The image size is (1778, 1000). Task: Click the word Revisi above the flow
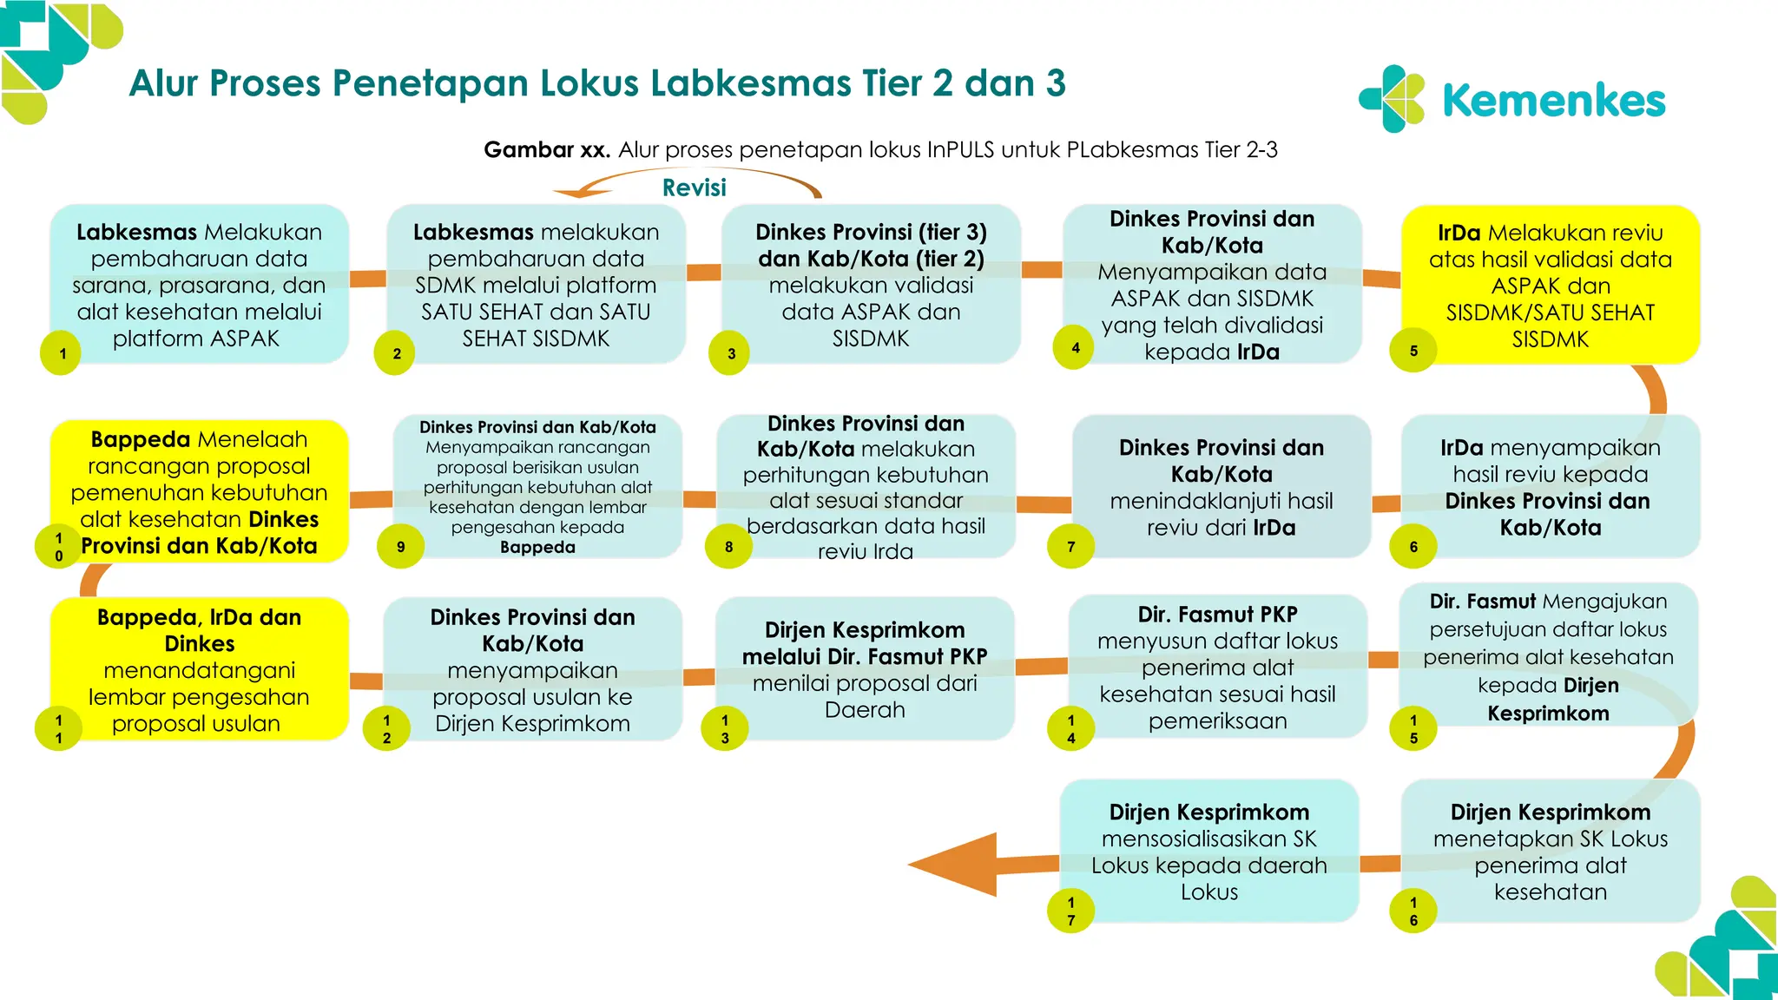tap(694, 187)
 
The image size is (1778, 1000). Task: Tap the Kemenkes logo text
tap(1553, 101)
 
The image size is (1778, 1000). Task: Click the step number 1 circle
tap(61, 353)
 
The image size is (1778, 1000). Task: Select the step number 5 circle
tap(1413, 351)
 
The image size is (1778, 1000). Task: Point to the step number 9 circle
tap(400, 547)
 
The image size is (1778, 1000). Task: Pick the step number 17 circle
tap(1071, 911)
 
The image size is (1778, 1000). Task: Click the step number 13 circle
tap(725, 728)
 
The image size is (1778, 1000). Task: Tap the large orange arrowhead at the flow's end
tap(955, 865)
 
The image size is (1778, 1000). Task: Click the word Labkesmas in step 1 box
tap(135, 233)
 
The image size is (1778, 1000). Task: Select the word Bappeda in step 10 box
tap(140, 439)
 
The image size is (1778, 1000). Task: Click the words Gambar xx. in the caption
tap(547, 150)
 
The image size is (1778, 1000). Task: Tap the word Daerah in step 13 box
tap(865, 710)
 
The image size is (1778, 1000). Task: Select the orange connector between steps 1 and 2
tap(368, 279)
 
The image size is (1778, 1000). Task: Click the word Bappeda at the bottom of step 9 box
tap(537, 548)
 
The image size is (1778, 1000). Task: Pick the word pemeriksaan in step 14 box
tap(1217, 721)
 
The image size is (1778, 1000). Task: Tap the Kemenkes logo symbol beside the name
tap(1392, 99)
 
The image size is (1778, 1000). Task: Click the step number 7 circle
tap(1070, 547)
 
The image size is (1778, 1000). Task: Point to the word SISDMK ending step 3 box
tap(871, 339)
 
